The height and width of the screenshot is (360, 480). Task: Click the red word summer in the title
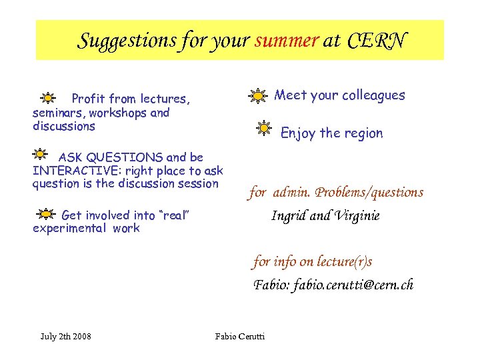pyautogui.click(x=287, y=41)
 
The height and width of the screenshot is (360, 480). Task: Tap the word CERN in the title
pyautogui.click(x=376, y=41)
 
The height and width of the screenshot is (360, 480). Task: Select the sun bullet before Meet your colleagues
pyautogui.click(x=257, y=96)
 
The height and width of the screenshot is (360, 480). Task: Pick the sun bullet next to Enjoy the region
pyautogui.click(x=265, y=128)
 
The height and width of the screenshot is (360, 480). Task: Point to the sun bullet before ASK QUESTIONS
pyautogui.click(x=40, y=154)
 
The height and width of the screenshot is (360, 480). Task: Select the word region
pyautogui.click(x=363, y=133)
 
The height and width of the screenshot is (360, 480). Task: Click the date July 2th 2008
pyautogui.click(x=66, y=336)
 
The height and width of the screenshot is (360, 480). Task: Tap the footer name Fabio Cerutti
pyautogui.click(x=240, y=336)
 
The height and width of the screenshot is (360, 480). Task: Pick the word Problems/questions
pyautogui.click(x=369, y=193)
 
